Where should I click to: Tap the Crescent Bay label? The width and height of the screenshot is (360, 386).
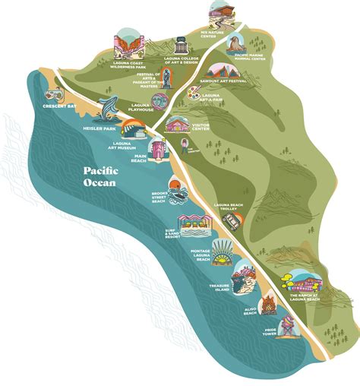pyautogui.click(x=39, y=106)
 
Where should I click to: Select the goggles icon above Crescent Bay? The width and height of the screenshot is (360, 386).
pyautogui.click(x=54, y=95)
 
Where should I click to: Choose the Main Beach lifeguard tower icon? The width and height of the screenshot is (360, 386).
pyautogui.click(x=157, y=149)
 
